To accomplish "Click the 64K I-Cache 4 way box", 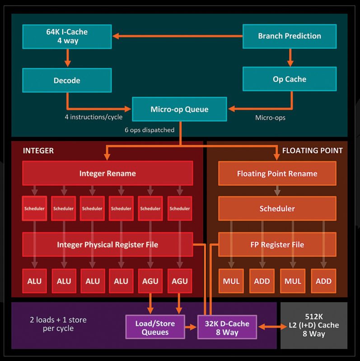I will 67,36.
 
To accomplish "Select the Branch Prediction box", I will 289,36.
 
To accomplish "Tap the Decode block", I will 67,80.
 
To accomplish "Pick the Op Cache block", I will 289,79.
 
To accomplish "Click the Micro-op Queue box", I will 179,109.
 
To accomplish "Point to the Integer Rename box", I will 108,173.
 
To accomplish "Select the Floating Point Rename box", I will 277,173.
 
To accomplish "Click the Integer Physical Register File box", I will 108,245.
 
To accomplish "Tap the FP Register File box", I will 277,245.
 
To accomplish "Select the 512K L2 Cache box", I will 313,325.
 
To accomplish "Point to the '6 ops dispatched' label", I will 150,130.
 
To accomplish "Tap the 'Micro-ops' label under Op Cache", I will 270,118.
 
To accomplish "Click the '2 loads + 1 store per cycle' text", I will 58,324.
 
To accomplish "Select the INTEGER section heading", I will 38,151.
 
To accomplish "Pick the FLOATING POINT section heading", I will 312,151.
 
